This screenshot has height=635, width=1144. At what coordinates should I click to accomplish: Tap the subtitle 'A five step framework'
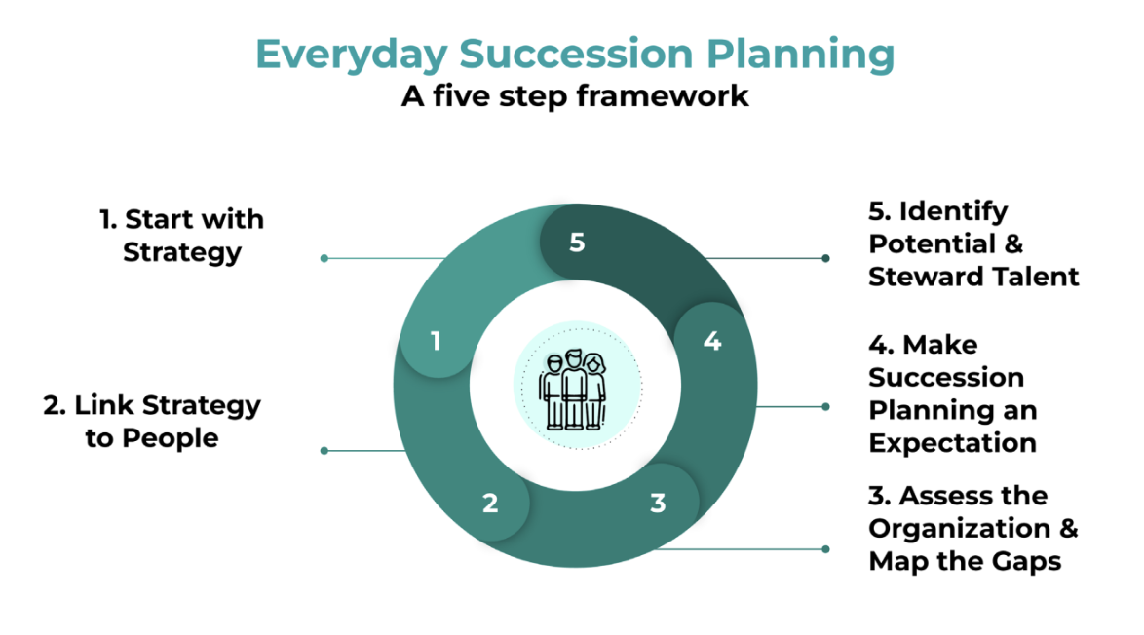[575, 96]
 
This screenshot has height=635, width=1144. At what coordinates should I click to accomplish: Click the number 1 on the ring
[436, 341]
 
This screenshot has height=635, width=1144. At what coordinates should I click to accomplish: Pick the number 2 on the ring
[490, 504]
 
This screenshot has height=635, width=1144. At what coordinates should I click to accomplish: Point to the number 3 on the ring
[659, 504]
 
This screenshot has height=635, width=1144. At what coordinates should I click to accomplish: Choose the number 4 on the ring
[712, 342]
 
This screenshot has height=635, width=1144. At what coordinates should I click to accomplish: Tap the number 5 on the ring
[577, 242]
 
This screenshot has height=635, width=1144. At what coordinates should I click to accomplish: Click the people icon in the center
[575, 389]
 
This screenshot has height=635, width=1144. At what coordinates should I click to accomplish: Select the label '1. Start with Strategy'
[182, 236]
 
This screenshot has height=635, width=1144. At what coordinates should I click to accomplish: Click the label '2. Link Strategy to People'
[152, 421]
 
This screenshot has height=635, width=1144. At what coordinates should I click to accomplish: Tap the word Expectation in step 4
[952, 443]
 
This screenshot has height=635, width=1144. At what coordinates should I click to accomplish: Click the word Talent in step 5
[1035, 277]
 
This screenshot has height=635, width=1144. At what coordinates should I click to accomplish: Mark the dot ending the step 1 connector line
[324, 258]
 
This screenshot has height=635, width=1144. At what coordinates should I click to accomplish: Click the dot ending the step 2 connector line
[324, 451]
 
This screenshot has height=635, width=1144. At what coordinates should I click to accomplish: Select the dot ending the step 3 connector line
[825, 549]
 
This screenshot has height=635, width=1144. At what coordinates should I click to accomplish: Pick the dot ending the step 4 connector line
[825, 407]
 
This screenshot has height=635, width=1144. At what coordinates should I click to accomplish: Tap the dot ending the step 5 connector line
[825, 258]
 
